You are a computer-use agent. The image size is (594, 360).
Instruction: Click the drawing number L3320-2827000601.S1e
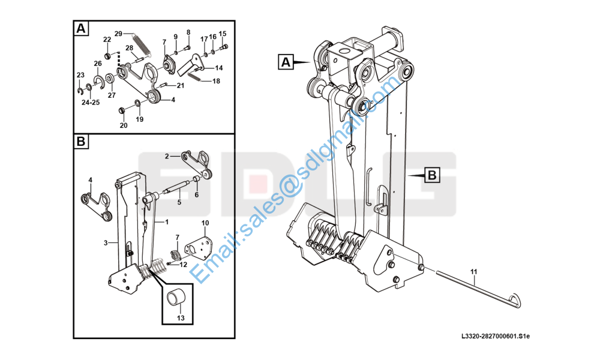[x=496, y=336]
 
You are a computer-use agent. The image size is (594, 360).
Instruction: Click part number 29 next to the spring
[x=118, y=34]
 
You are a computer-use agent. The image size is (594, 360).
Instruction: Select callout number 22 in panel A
[x=107, y=40]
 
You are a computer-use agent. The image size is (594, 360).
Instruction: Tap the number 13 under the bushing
[x=181, y=318]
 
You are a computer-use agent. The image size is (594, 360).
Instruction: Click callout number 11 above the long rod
[x=474, y=272]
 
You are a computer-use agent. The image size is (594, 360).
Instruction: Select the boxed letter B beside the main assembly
[x=432, y=175]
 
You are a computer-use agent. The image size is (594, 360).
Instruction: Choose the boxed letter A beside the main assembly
[x=286, y=62]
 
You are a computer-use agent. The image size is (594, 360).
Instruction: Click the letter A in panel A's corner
[x=81, y=28]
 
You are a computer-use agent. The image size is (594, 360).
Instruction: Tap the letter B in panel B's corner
[x=81, y=142]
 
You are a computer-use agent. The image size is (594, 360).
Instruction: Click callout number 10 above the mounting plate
[x=205, y=223]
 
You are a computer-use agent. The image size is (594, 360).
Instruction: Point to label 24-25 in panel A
[x=91, y=103]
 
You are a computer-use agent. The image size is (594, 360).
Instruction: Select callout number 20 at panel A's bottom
[x=124, y=125]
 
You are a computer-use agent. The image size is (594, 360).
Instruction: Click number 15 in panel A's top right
[x=223, y=34]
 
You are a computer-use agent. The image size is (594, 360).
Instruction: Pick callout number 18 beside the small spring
[x=216, y=81]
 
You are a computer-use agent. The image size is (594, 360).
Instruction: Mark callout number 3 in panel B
[x=106, y=243]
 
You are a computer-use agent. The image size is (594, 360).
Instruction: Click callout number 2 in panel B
[x=167, y=156]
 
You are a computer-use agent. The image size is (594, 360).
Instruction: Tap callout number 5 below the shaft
[x=179, y=202]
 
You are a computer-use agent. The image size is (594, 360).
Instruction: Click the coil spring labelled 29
[x=142, y=44]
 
